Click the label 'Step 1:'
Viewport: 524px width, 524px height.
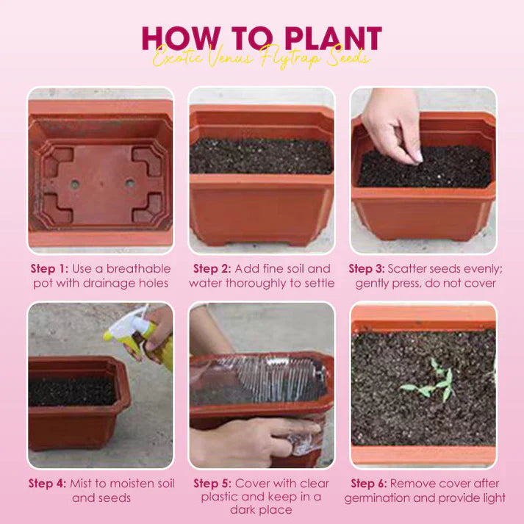[49, 269]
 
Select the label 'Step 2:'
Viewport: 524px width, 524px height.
[212, 269]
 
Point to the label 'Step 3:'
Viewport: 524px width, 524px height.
[367, 269]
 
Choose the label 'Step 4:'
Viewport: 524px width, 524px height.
[47, 484]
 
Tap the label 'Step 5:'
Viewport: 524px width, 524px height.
[212, 484]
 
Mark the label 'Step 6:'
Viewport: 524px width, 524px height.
[369, 484]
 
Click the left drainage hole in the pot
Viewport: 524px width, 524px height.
[75, 184]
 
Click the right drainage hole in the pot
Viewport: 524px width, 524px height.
[129, 183]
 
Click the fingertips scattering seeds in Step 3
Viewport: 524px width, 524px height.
[414, 157]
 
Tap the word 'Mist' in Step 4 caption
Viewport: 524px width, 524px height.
[81, 484]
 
